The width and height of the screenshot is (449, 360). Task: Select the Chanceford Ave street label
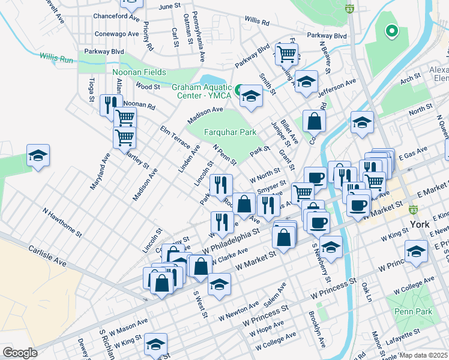[116, 17]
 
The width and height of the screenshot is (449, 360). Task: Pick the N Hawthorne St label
[62, 221]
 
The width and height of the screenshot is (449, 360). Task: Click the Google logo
[20, 353]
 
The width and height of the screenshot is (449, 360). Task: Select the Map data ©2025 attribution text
[423, 355]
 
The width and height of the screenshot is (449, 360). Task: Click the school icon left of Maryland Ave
[38, 155]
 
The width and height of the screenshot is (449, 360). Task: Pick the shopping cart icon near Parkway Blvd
[287, 53]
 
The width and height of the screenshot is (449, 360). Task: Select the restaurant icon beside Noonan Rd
[111, 104]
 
